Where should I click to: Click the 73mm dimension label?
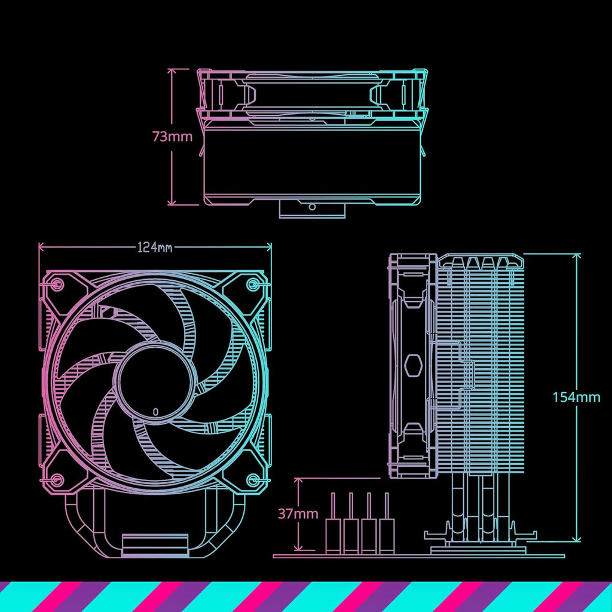[x=172, y=136]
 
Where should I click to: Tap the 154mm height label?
[x=576, y=397]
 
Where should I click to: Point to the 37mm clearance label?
[x=298, y=513]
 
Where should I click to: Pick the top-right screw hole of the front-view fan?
[x=253, y=284]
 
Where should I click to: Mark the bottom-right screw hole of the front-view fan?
[x=253, y=479]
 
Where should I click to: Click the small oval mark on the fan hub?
[x=155, y=411]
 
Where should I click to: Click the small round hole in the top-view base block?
[x=311, y=207]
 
